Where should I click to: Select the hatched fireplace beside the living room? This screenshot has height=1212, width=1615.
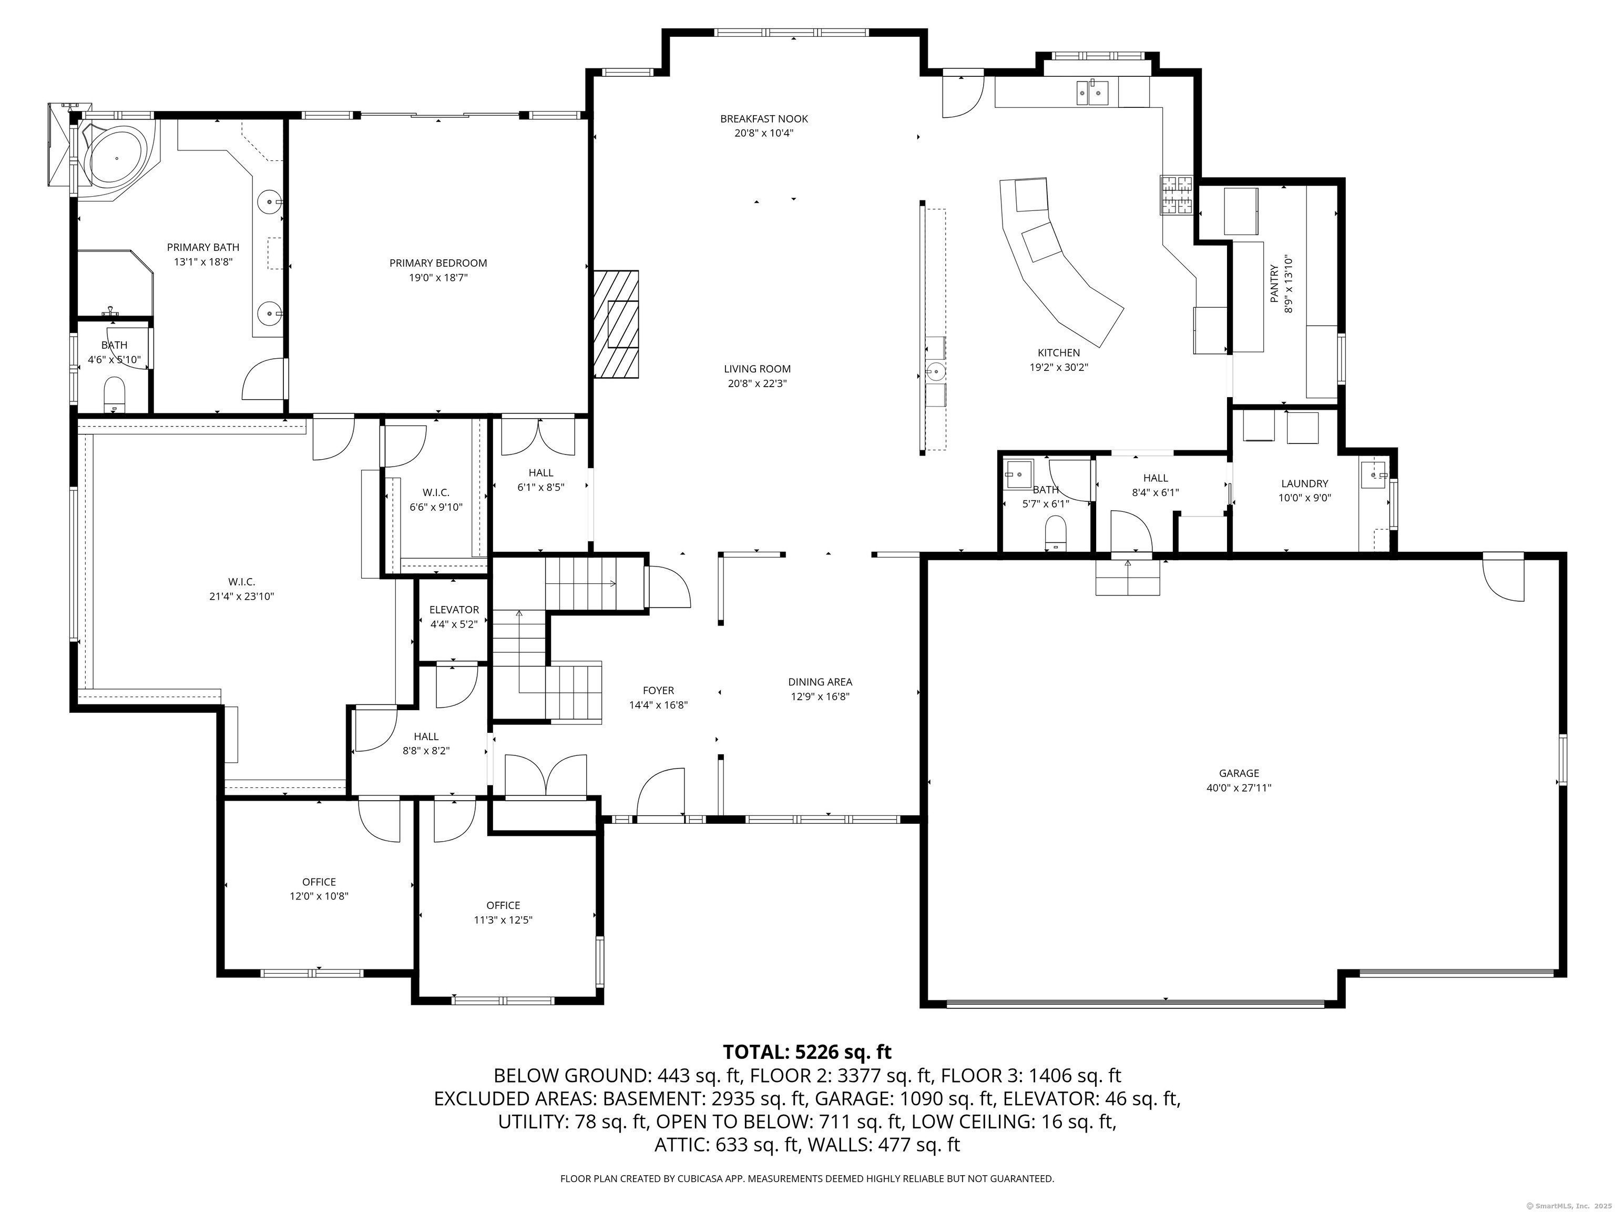coord(616,324)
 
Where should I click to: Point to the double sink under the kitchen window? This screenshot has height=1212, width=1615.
coord(1092,93)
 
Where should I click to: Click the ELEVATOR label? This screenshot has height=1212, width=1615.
coord(454,609)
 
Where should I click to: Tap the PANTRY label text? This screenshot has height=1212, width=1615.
coord(1275,284)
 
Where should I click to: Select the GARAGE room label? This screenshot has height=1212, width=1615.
coord(1239,773)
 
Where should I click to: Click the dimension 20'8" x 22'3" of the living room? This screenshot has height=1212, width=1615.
coord(757,383)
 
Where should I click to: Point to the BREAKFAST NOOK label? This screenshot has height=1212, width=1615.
coord(764,118)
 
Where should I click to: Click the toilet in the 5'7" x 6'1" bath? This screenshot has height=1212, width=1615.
coord(1056,533)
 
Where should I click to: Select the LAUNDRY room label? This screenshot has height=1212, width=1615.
coord(1305,483)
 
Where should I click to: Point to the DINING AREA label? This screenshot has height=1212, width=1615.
coord(820,682)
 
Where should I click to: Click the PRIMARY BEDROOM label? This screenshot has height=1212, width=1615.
coord(438,263)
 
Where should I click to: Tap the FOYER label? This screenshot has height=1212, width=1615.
coord(659,690)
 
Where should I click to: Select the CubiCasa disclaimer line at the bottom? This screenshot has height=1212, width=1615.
coord(807,1178)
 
